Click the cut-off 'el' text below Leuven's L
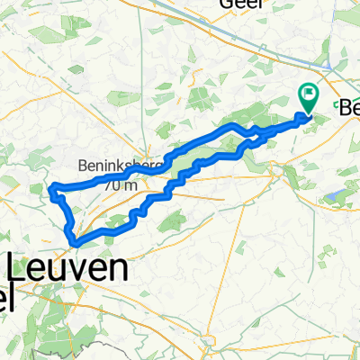tap(7, 297)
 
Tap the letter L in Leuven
tap(19, 268)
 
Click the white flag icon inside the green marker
tap(309, 92)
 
